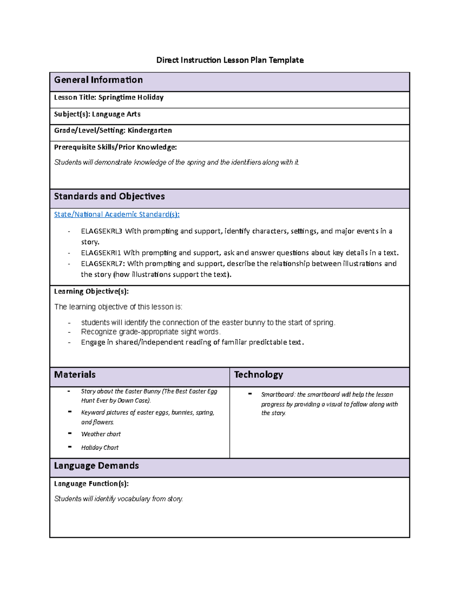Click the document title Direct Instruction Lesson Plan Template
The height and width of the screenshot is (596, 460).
[x=230, y=60]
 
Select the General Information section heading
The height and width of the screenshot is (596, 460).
[x=98, y=80]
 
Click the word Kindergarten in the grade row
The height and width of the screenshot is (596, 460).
[x=149, y=130]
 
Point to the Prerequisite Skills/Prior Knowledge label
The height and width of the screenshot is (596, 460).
[x=115, y=147]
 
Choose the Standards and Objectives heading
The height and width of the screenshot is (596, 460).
[x=109, y=196]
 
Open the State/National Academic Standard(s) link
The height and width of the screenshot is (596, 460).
[x=117, y=215]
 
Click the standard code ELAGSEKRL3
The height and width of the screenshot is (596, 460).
[x=102, y=231]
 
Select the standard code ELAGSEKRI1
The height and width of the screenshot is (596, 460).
[x=101, y=253]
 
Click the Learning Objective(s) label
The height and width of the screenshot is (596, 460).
[x=91, y=291]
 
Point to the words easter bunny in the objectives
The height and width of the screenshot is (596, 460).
[x=243, y=323]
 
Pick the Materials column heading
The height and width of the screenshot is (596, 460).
[x=75, y=375]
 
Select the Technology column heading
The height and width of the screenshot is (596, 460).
[x=258, y=375]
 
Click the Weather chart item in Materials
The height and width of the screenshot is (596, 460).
[x=101, y=434]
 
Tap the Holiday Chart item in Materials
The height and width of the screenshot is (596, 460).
[x=100, y=447]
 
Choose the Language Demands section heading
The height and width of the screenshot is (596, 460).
[x=96, y=466]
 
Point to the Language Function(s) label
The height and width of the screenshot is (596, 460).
[x=91, y=484]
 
